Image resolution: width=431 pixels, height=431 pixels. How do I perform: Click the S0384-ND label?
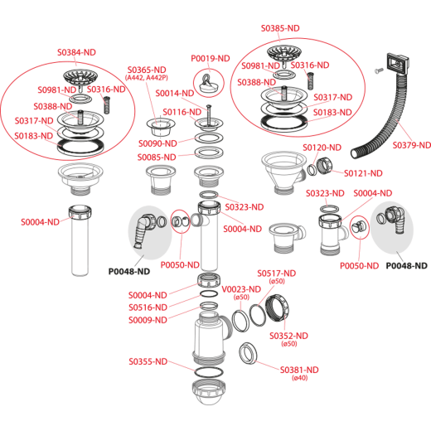(x=76, y=52)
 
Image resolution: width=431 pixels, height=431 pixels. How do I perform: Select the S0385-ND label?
(x=280, y=28)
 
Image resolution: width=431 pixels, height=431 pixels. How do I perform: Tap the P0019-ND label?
(x=211, y=58)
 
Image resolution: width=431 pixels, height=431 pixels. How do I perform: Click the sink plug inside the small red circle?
(x=209, y=84)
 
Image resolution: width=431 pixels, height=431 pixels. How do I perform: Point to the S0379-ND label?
(x=412, y=145)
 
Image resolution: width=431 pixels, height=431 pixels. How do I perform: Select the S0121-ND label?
(x=363, y=173)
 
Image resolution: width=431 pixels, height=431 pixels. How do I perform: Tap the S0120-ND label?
(x=322, y=148)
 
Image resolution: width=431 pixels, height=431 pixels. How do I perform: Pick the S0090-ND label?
(x=157, y=143)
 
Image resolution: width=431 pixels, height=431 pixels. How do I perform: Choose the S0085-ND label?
(x=157, y=157)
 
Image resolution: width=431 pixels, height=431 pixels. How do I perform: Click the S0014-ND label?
(x=175, y=93)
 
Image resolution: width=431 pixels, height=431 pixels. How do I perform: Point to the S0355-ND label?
(x=148, y=361)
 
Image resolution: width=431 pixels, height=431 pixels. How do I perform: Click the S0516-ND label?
(x=148, y=308)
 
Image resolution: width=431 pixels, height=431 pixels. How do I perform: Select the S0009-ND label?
(x=148, y=320)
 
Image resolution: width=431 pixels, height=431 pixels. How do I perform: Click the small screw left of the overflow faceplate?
(x=377, y=70)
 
